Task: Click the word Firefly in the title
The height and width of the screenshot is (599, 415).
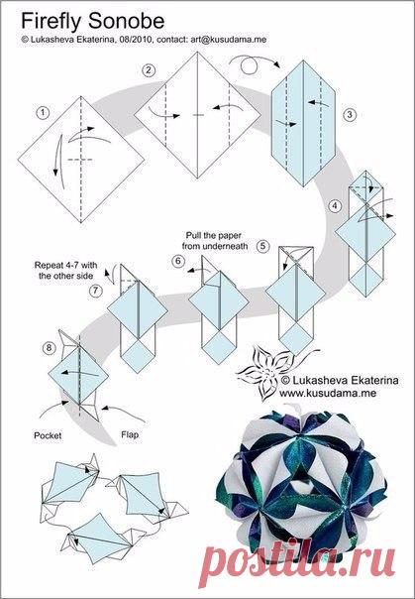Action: click(x=52, y=22)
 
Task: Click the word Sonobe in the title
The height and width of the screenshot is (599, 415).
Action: click(x=127, y=21)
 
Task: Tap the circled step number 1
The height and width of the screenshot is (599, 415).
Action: click(x=43, y=112)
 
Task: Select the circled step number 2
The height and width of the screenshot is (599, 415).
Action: click(x=149, y=69)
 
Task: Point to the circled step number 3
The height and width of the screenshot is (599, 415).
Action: click(x=350, y=114)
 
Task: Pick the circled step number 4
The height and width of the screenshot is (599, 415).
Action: click(x=335, y=206)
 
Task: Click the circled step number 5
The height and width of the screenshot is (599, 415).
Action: click(x=262, y=246)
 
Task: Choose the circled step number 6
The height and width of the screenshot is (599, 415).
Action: click(x=177, y=261)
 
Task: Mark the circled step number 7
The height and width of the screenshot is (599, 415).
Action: click(x=96, y=291)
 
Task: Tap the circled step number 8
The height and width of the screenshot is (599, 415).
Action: click(x=49, y=348)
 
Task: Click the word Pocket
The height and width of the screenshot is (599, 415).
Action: click(x=48, y=435)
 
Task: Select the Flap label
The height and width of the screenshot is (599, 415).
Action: click(x=130, y=434)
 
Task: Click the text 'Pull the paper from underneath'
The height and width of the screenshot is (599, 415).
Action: click(x=214, y=241)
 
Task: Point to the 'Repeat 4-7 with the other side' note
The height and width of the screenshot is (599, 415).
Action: click(x=66, y=270)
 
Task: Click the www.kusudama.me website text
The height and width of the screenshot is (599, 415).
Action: click(x=328, y=393)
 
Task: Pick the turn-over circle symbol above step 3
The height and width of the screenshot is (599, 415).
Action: click(x=249, y=65)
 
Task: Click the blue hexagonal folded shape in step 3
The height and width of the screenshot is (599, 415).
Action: click(x=304, y=123)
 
